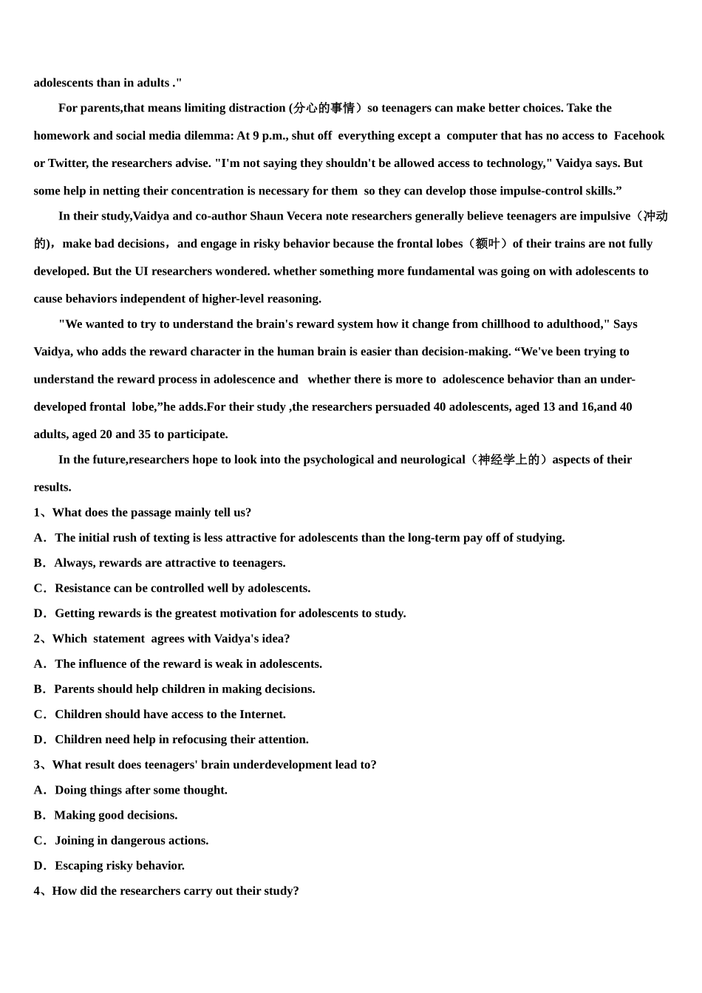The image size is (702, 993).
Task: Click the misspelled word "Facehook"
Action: (x=639, y=135)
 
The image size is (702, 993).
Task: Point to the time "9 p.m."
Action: (x=270, y=135)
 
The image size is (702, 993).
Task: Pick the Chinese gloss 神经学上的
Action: (x=508, y=460)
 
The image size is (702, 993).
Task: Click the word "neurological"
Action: (x=432, y=460)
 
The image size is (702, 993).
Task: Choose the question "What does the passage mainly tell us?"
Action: (x=151, y=512)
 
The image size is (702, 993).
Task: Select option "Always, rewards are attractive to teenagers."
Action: (x=169, y=563)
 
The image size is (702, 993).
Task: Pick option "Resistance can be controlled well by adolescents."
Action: (x=182, y=588)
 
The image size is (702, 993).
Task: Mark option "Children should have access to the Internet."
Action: (x=170, y=714)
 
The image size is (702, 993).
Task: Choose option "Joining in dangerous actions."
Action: (x=132, y=840)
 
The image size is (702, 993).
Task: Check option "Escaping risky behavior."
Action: (x=120, y=865)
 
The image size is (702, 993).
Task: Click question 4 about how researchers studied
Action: (x=175, y=890)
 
